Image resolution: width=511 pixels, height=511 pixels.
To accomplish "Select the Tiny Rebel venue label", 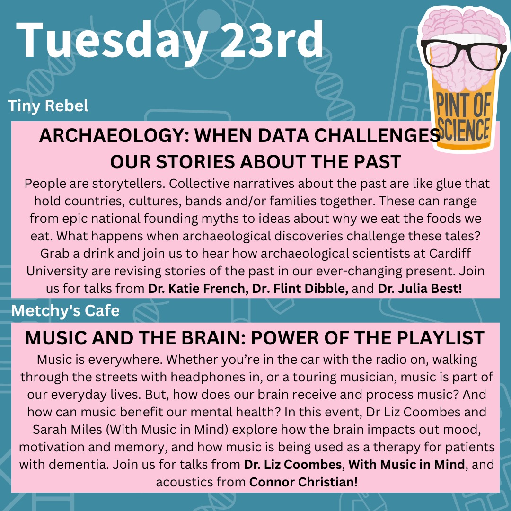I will pos(48,106).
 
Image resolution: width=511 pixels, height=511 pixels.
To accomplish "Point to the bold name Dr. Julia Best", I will pos(420,289).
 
